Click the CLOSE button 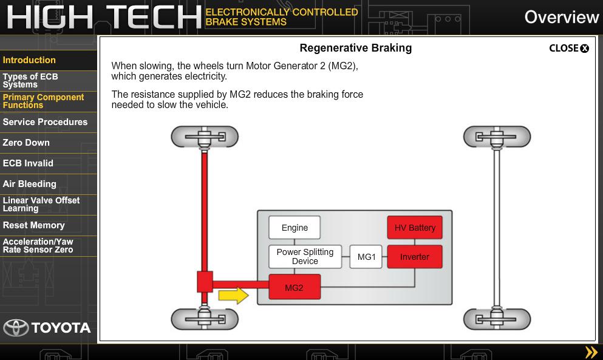pos(569,49)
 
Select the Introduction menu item pos(29,60)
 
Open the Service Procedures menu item pos(45,122)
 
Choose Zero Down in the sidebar pos(26,143)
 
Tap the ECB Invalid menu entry pos(28,163)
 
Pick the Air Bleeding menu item pos(29,184)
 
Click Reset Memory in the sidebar pos(33,225)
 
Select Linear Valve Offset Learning pos(41,205)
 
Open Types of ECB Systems pos(30,81)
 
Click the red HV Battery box pos(415,228)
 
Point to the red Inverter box pos(415,257)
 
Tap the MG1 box pos(366,257)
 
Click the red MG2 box pos(294,287)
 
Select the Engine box pos(295,228)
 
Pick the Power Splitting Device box pos(305,257)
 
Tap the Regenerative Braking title pos(355,48)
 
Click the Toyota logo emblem pos(16,328)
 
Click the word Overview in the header pos(561,17)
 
